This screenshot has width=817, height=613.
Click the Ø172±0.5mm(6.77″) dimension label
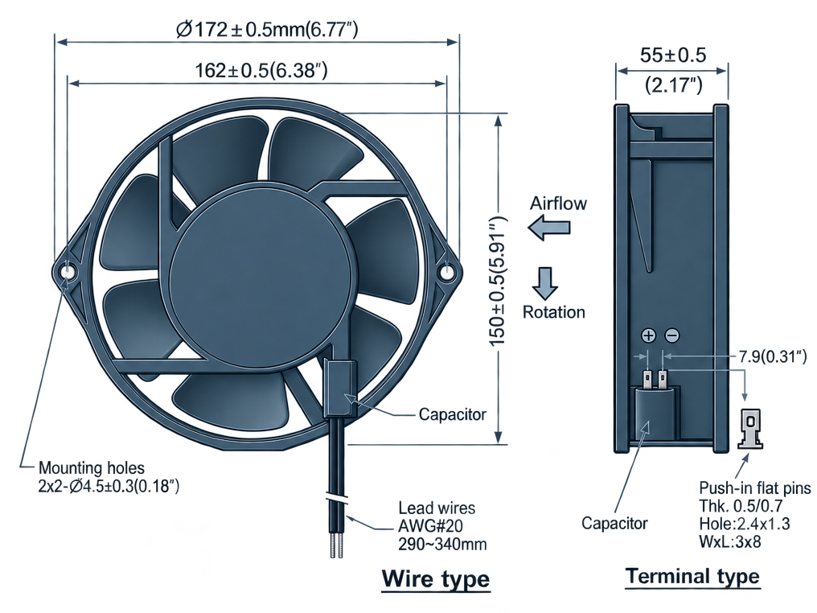point(267,29)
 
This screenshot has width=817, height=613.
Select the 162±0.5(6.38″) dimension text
point(261,70)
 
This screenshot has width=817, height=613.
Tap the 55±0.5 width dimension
point(673,55)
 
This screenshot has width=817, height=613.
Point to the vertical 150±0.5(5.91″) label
point(498,282)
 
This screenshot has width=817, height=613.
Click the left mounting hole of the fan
point(68,272)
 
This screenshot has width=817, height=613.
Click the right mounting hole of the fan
point(446,272)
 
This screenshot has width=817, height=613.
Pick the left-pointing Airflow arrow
point(549,228)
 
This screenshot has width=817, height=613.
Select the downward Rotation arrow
point(545,283)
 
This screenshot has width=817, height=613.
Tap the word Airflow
point(558,203)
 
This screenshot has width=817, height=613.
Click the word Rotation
point(554,312)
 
